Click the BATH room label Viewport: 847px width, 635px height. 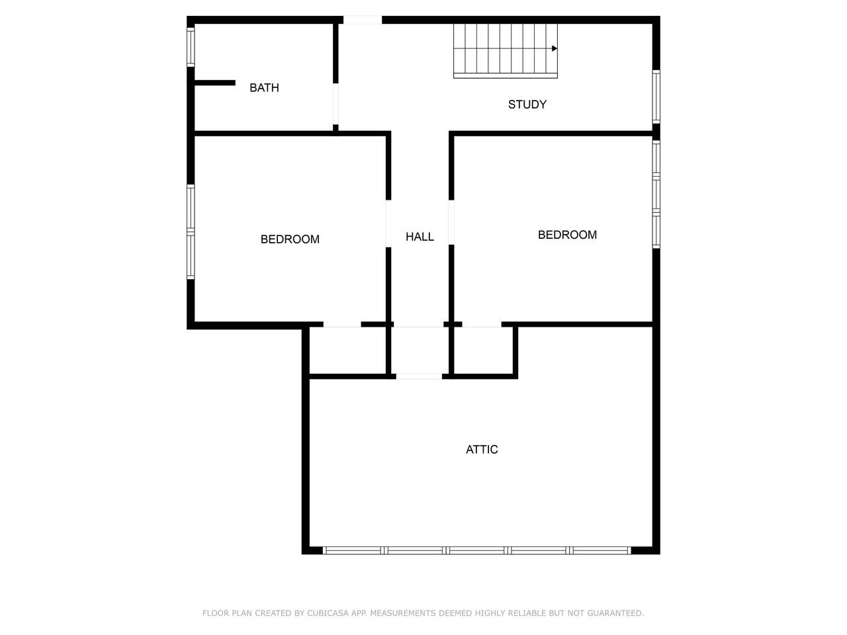pyautogui.click(x=264, y=88)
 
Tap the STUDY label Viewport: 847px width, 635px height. pyautogui.click(x=527, y=105)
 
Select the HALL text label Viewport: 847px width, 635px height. pyautogui.click(x=420, y=237)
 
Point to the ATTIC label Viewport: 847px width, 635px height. pyautogui.click(x=482, y=450)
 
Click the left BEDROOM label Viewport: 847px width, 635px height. pyautogui.click(x=290, y=239)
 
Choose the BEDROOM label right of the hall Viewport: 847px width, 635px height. pyautogui.click(x=567, y=235)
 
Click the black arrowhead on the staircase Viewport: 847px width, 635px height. pyautogui.click(x=555, y=48)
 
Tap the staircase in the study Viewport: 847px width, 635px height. pyautogui.click(x=505, y=51)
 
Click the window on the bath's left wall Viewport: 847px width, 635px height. pyautogui.click(x=191, y=47)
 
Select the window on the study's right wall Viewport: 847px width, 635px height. pyautogui.click(x=656, y=97)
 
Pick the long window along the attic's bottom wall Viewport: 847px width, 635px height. pyautogui.click(x=477, y=550)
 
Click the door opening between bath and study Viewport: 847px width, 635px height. pyautogui.click(x=335, y=104)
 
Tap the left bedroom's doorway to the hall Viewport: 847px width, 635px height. pyautogui.click(x=388, y=224)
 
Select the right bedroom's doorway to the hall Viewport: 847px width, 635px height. pyautogui.click(x=451, y=222)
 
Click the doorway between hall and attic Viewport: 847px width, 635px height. pyautogui.click(x=419, y=376)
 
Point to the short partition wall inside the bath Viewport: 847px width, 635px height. pyautogui.click(x=215, y=83)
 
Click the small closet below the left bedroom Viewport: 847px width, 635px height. pyautogui.click(x=347, y=350)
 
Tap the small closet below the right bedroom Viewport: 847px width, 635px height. pyautogui.click(x=483, y=350)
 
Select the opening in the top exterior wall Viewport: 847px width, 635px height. pyautogui.click(x=363, y=20)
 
